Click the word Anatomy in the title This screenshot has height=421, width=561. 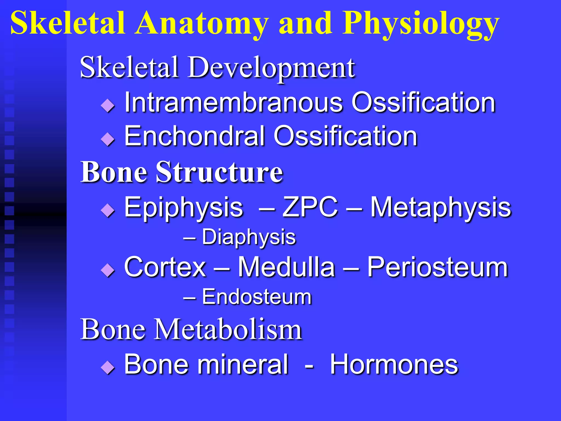[201, 23]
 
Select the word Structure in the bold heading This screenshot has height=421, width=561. [219, 172]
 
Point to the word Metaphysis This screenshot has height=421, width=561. [440, 207]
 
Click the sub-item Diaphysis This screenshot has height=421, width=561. [249, 237]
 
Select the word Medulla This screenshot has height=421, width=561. [286, 267]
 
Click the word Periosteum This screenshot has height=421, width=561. [437, 267]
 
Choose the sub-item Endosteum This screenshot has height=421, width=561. [257, 297]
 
